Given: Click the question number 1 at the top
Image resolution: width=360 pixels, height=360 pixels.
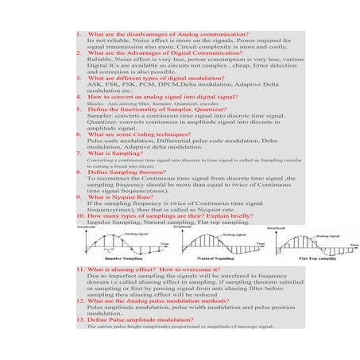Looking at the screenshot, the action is [x=79, y=36].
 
